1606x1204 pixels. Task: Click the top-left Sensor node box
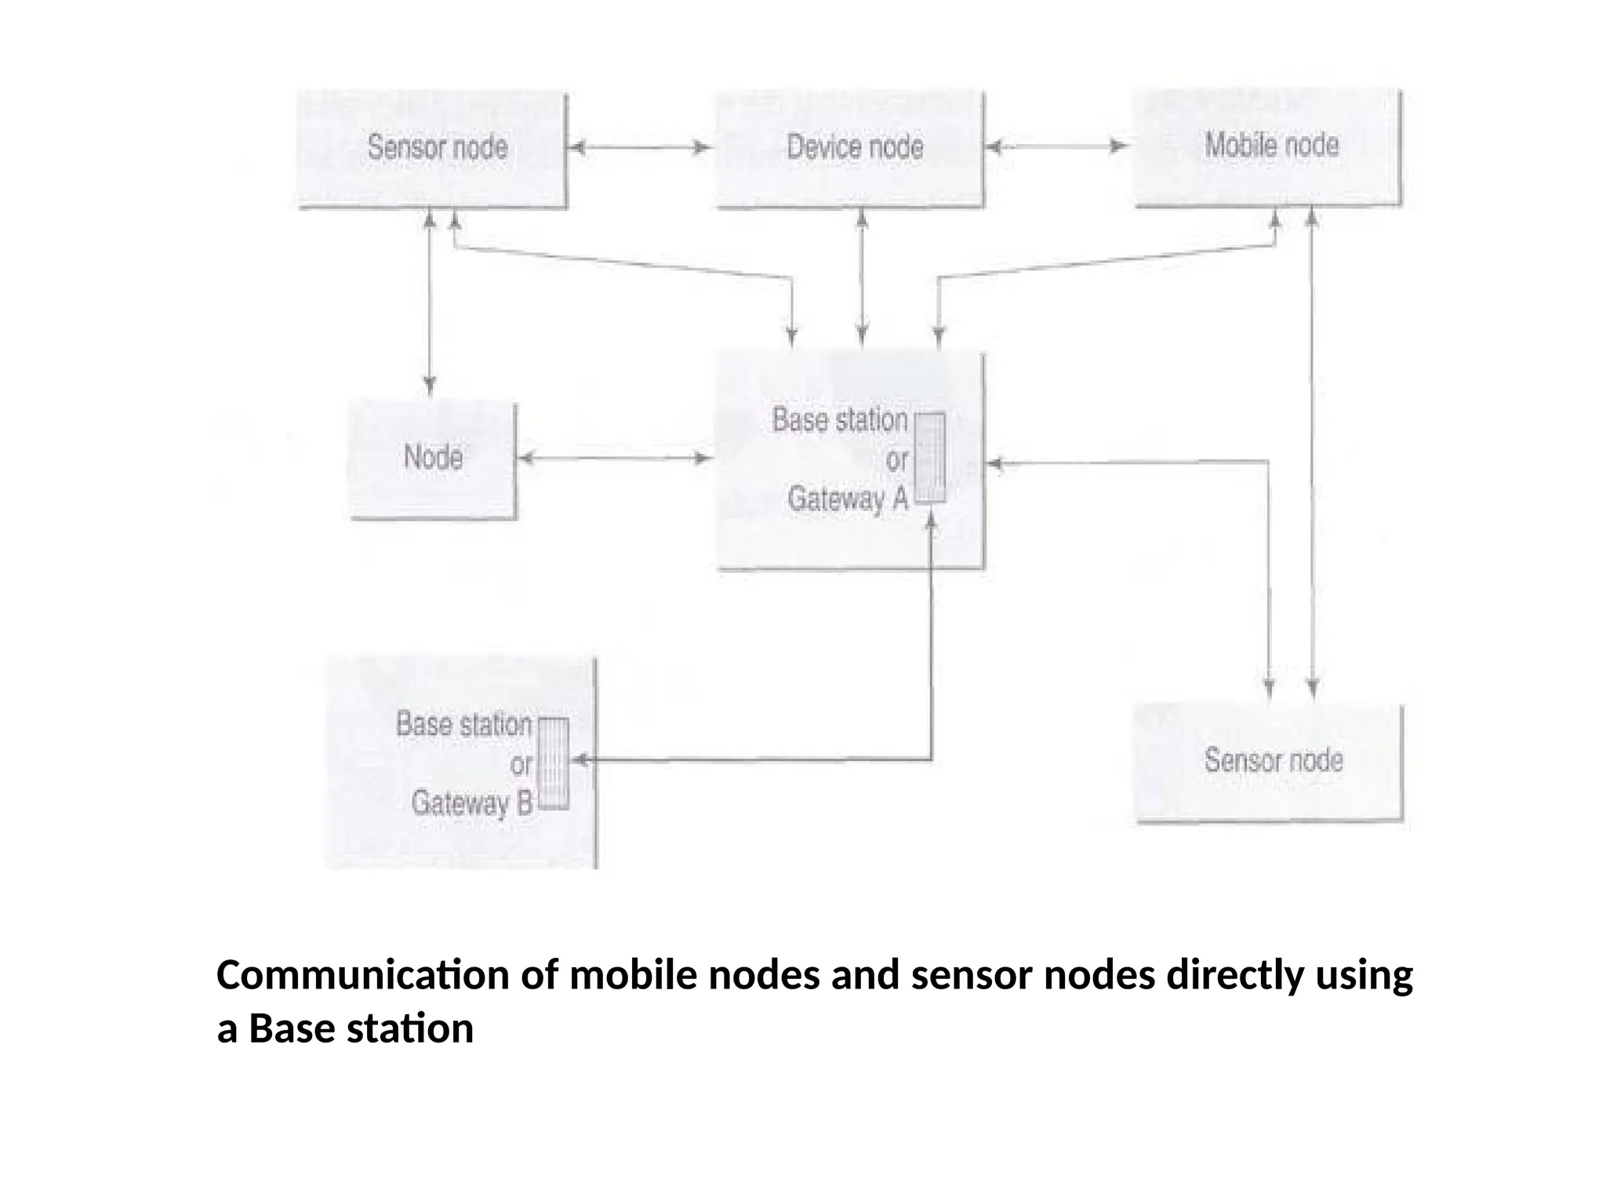(432, 149)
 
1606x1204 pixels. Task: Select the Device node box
(852, 149)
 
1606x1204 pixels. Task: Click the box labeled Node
(433, 459)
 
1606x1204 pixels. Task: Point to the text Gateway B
(471, 803)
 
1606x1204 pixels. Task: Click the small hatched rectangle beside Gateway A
(930, 458)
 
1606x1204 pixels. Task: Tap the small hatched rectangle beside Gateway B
(554, 763)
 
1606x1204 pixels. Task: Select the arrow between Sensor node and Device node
(640, 147)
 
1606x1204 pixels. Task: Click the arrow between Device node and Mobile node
(1056, 147)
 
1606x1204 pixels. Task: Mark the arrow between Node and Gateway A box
(616, 458)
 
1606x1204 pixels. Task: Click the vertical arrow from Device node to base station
(862, 278)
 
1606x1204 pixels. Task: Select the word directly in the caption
(1234, 976)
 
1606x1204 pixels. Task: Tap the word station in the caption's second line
(410, 1029)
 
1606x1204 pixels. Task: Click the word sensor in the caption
(972, 976)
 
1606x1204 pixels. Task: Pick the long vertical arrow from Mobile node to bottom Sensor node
(1312, 455)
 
